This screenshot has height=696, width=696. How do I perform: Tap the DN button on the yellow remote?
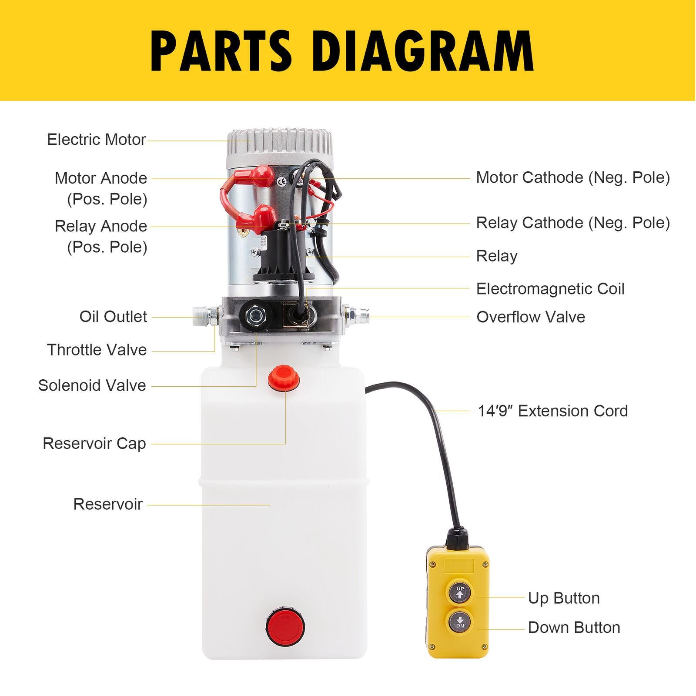pos(460,622)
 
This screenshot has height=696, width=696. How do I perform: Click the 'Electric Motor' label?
pos(97,140)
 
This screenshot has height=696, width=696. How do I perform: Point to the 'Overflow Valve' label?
pos(531,317)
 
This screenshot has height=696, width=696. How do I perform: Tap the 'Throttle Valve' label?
pos(97,350)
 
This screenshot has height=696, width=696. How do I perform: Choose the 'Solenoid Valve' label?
pos(92,385)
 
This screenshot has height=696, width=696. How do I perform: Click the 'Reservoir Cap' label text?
pos(94,444)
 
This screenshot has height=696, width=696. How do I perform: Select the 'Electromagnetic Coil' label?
pos(550,289)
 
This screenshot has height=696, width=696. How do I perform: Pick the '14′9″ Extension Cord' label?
pos(553,411)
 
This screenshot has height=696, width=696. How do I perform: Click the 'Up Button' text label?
pos(564,598)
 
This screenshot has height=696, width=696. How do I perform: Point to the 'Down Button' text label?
pos(574,628)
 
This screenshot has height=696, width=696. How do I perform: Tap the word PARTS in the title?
pos(221,51)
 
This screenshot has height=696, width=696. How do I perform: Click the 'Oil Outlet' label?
pos(113,317)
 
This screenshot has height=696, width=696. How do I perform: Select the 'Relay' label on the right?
pos(497,256)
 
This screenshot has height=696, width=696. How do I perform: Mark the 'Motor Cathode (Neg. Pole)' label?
pos(573,177)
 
